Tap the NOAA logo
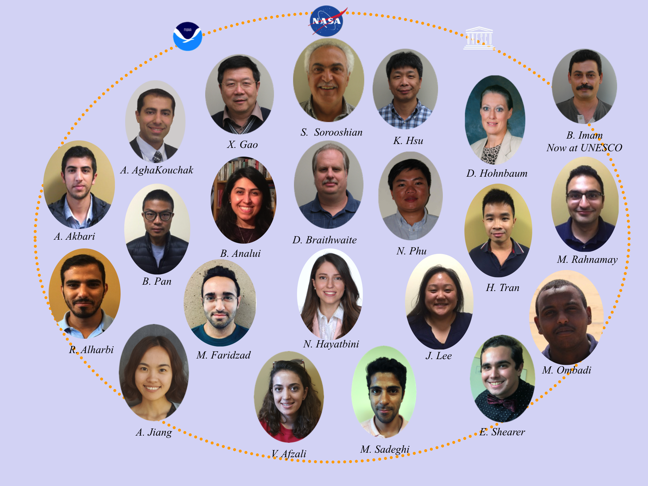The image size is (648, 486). click(187, 36)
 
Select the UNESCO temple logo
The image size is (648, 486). click(479, 38)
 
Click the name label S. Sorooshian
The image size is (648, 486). click(331, 132)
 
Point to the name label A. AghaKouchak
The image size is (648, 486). click(157, 170)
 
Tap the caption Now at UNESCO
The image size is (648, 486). click(584, 148)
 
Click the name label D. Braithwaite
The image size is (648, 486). click(325, 240)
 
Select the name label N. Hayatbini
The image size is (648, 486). click(331, 344)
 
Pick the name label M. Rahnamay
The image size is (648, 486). click(587, 259)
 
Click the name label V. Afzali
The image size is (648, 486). click(289, 454)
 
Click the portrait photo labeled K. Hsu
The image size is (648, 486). click(405, 89)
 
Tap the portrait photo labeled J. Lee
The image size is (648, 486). click(439, 302)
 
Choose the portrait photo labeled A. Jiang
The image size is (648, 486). click(154, 372)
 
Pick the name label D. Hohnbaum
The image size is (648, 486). click(497, 173)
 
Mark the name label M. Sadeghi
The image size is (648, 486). click(385, 449)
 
